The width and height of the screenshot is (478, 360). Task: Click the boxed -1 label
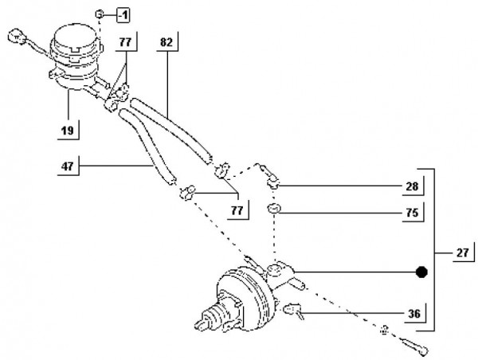coord(124,15)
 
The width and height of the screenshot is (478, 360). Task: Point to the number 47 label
coord(68,166)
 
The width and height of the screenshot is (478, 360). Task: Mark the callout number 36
coord(412,314)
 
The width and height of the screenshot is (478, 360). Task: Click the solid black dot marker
coord(421,272)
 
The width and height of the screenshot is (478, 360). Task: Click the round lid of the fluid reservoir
coord(74,36)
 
